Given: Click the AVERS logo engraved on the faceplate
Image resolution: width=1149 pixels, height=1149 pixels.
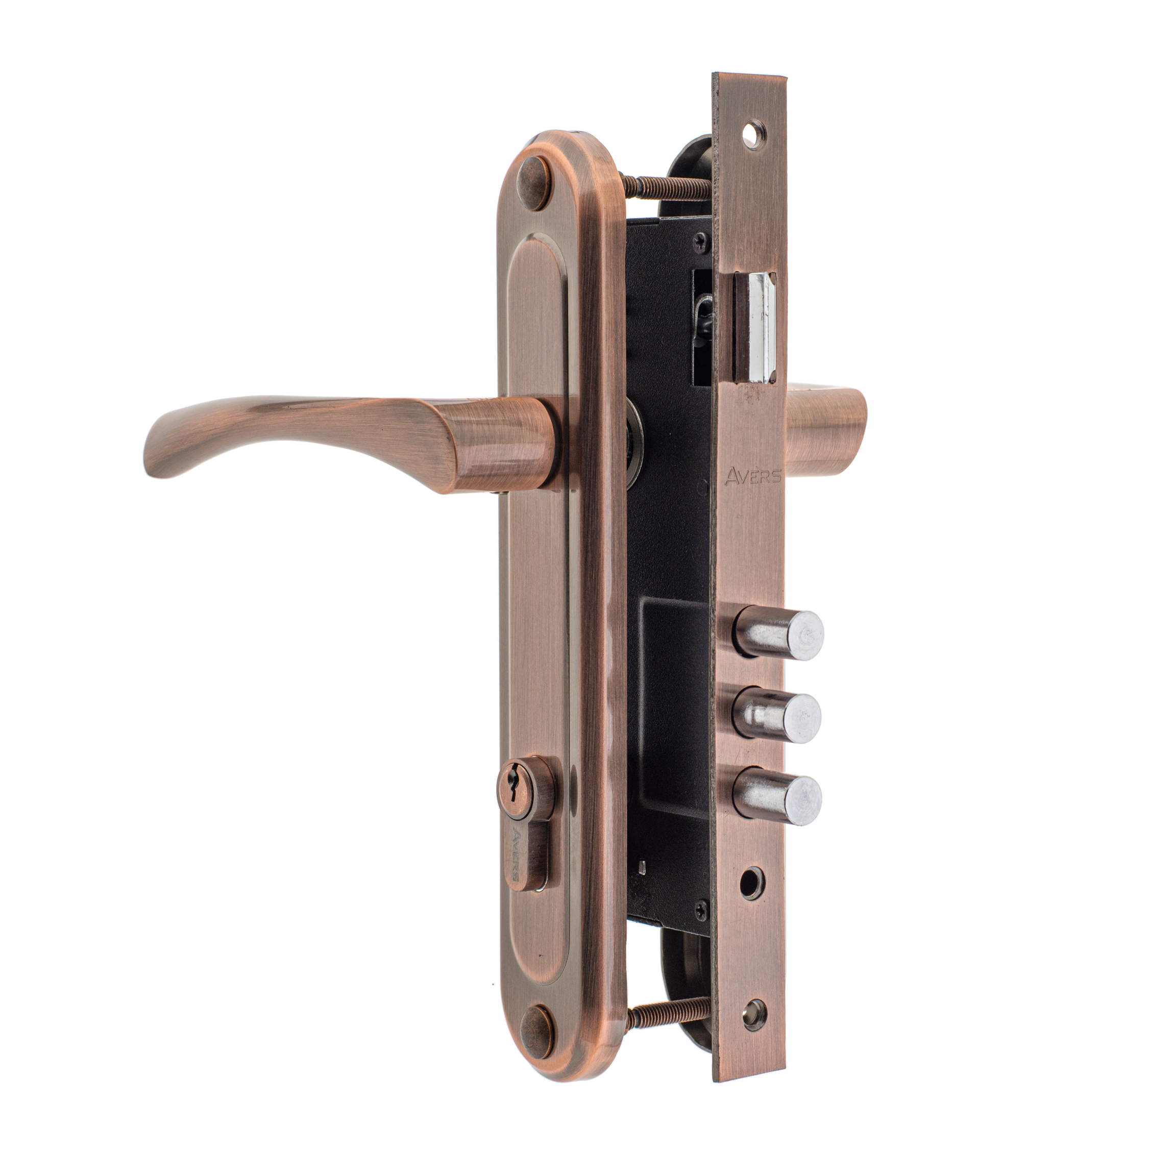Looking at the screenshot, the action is click(x=752, y=475).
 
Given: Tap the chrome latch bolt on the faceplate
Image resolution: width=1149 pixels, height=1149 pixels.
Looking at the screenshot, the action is click(x=755, y=327).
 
